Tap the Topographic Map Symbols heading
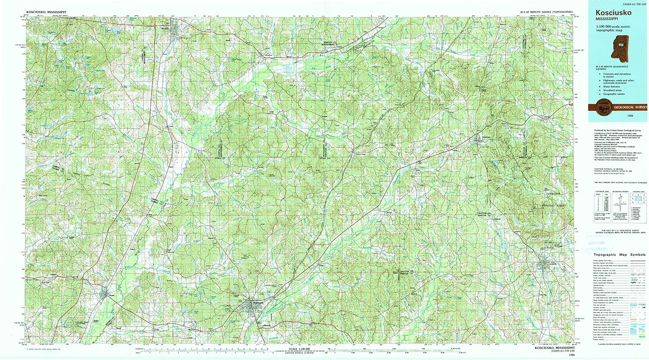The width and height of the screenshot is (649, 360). (619, 255)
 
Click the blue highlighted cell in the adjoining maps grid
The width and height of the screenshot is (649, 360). (637, 197)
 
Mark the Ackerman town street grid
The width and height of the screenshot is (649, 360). (479, 139)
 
